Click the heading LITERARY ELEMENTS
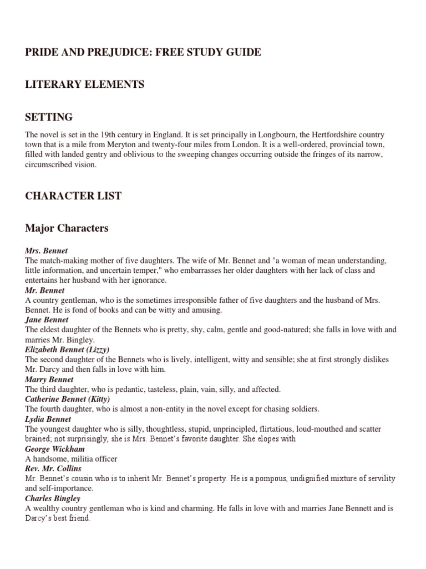85,84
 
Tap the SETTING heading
49,117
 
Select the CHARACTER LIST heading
73,196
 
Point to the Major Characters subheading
67,228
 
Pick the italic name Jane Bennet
47,320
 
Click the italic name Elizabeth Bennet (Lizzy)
67,350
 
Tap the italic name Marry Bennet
49,380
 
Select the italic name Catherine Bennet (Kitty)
68,399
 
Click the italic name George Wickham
54,449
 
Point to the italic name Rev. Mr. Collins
53,468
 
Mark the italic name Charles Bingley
53,498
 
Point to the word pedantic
124,390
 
